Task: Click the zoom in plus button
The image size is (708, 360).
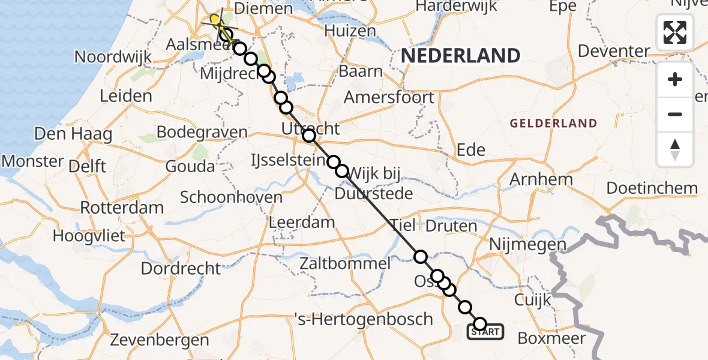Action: pos(675,80)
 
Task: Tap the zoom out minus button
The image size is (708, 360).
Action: pos(675,114)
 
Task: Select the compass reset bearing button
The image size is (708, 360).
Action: pos(675,149)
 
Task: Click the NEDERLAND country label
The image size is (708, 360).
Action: pos(460,56)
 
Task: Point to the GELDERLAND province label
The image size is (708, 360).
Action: pos(553,124)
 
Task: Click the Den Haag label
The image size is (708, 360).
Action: pos(73,134)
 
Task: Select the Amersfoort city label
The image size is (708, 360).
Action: pos(389,97)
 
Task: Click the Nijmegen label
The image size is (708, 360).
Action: pos(527,244)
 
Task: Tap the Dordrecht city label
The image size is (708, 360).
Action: pos(181,268)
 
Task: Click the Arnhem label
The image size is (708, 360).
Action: pos(541,179)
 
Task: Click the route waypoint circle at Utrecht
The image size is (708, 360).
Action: pos(309,136)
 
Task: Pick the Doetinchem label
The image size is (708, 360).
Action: pos(652,188)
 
